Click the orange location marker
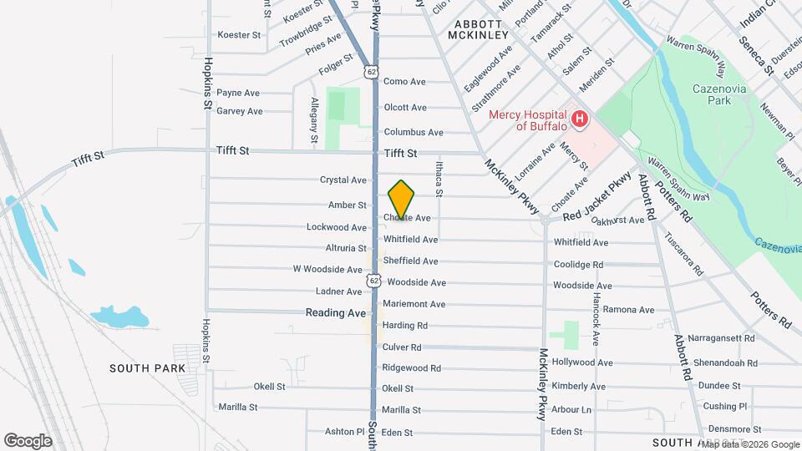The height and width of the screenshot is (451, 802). coord(402,200)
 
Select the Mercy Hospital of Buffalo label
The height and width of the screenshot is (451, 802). coord(540,120)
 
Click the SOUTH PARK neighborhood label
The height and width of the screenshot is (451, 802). coord(147,368)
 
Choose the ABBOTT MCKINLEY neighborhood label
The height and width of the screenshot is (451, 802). coord(478,29)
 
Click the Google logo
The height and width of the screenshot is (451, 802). coord(28,441)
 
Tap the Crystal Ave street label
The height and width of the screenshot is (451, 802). coord(343,180)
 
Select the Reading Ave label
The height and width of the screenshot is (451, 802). coord(335,312)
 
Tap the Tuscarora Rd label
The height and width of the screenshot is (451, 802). coord(685,253)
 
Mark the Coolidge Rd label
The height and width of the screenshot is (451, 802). coord(578,265)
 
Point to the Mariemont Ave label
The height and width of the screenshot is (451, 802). coord(414,304)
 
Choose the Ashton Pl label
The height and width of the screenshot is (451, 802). coord(345,432)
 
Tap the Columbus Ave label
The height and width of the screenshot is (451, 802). coord(413,132)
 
